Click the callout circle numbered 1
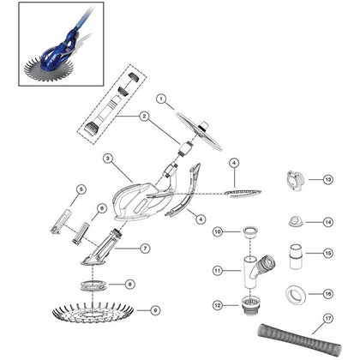(x=161, y=99)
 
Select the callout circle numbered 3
(x=108, y=158)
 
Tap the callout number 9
(x=155, y=310)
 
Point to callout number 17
(x=328, y=318)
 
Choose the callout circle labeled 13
(x=328, y=180)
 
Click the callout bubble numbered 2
(x=144, y=116)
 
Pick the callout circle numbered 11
(x=218, y=270)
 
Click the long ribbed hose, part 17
(x=299, y=339)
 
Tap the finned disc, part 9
(x=93, y=312)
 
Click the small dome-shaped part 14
(x=296, y=222)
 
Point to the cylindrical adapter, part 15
(x=296, y=256)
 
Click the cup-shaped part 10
(x=250, y=234)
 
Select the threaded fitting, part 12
(x=249, y=306)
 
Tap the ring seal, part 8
(x=94, y=285)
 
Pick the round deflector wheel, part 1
(x=199, y=131)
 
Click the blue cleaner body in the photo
(x=57, y=56)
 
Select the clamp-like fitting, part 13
(x=295, y=181)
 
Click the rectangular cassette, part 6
(x=80, y=233)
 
